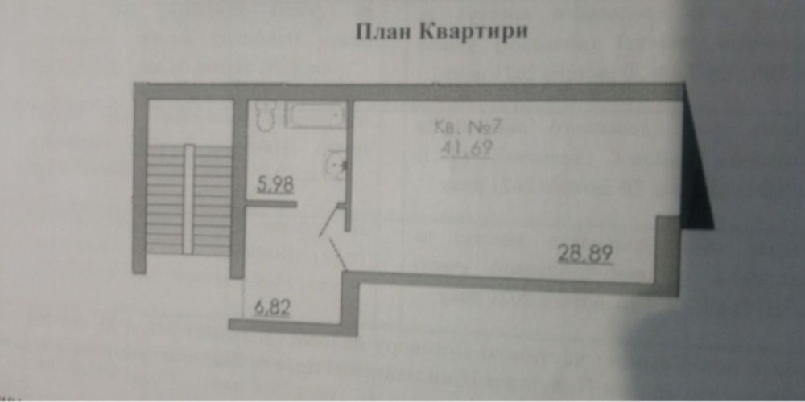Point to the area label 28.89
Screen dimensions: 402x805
click(x=586, y=255)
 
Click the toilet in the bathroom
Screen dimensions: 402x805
click(x=263, y=118)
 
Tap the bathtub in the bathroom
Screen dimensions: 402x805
click(x=316, y=117)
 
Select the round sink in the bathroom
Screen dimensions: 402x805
click(x=336, y=164)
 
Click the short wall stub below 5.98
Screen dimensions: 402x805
click(x=270, y=203)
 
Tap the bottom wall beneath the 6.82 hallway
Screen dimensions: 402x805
click(x=290, y=324)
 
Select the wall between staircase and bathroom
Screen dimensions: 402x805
click(x=238, y=189)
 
